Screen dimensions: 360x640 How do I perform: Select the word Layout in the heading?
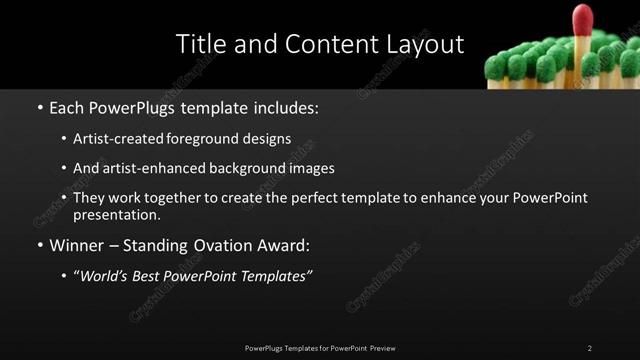pos(420,45)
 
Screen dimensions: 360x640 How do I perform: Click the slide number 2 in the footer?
pos(590,348)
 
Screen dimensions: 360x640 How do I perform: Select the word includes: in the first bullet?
pos(286,106)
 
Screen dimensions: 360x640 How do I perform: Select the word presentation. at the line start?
pos(116,214)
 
